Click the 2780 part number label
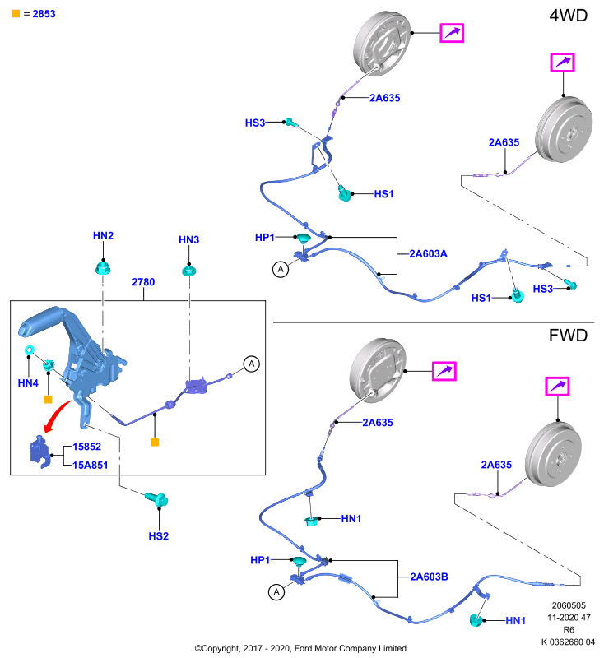click(x=143, y=282)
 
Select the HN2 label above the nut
click(x=103, y=236)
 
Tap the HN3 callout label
click(x=189, y=239)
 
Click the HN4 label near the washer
click(x=28, y=382)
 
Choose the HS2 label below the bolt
click(x=159, y=536)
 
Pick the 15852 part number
click(x=87, y=447)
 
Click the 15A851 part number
click(x=91, y=465)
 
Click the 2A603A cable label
click(x=428, y=254)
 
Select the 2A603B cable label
click(x=429, y=577)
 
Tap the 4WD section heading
click(x=569, y=16)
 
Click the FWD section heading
click(x=569, y=336)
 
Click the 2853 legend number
click(x=44, y=14)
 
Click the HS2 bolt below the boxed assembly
click(x=157, y=498)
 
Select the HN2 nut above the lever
click(x=103, y=268)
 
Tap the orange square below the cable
click(x=155, y=442)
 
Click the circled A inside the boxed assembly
click(x=252, y=364)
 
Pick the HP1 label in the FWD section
click(x=260, y=560)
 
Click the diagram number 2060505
click(x=569, y=605)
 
